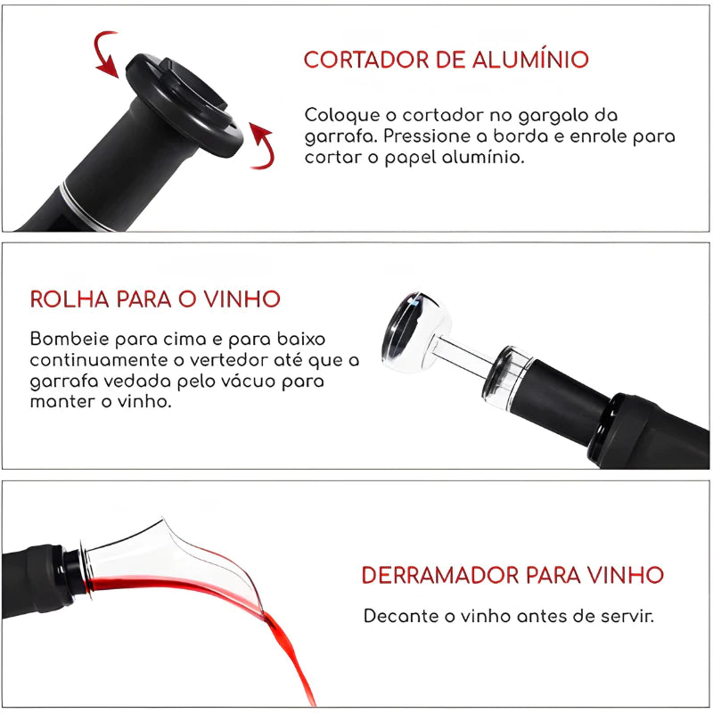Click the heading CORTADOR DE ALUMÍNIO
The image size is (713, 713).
click(446, 60)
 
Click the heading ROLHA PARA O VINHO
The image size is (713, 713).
click(155, 299)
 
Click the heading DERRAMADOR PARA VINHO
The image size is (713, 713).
click(512, 575)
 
